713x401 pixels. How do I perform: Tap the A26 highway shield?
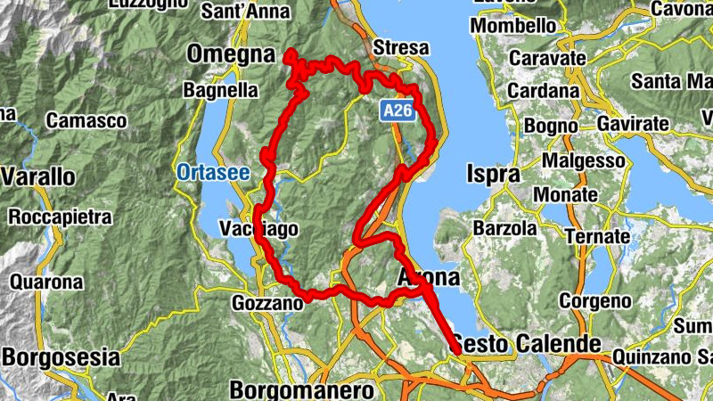(397, 110)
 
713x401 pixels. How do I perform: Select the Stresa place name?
(401, 47)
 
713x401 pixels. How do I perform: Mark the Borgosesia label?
(61, 358)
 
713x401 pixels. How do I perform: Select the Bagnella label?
(220, 90)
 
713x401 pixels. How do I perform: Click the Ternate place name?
(597, 238)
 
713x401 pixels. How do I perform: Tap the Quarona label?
(47, 282)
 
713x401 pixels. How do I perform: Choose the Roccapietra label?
(61, 217)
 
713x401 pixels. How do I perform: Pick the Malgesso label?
(586, 160)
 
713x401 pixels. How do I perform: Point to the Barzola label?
(504, 228)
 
